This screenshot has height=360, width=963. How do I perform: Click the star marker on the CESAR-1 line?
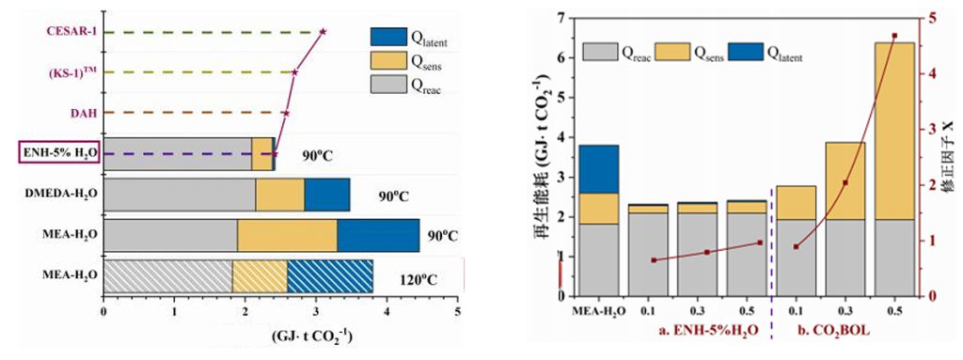pyautogui.click(x=324, y=31)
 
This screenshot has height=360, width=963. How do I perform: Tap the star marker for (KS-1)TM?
pyautogui.click(x=294, y=72)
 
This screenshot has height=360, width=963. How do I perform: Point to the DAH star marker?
pyautogui.click(x=286, y=113)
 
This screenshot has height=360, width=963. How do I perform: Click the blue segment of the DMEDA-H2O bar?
pyautogui.click(x=327, y=195)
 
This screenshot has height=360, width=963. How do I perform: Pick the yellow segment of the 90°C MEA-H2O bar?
pyautogui.click(x=288, y=235)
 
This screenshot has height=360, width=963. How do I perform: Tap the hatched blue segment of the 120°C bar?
pyautogui.click(x=330, y=275)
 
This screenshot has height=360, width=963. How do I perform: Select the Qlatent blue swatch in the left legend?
pyautogui.click(x=388, y=37)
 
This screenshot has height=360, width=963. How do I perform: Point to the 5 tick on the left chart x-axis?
pyautogui.click(x=458, y=312)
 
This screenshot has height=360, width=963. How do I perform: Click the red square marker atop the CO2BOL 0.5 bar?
pyautogui.click(x=894, y=36)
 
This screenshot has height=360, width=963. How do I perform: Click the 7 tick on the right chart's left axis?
pyautogui.click(x=561, y=19)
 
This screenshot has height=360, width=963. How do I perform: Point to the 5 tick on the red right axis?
pyautogui.click(x=932, y=19)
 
